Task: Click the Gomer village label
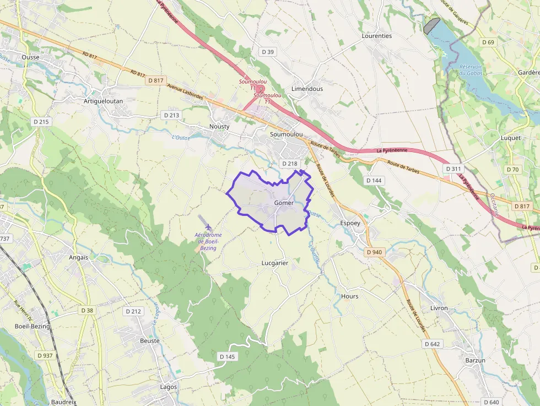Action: click(x=283, y=203)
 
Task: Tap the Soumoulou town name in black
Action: click(x=287, y=134)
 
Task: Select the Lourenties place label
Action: click(x=377, y=36)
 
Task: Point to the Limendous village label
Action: click(x=307, y=89)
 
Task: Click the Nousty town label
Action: click(x=219, y=126)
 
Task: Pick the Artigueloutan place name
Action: click(x=103, y=101)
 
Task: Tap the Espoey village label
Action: click(x=350, y=223)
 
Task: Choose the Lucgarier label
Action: click(x=274, y=263)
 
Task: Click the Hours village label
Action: click(x=350, y=296)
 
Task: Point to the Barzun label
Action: click(x=475, y=360)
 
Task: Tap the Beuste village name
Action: click(x=150, y=341)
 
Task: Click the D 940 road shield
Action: click(x=374, y=252)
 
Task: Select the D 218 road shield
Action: click(x=289, y=164)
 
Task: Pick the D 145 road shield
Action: click(x=227, y=356)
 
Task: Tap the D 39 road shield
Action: click(x=268, y=52)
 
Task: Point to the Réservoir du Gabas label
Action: click(x=471, y=70)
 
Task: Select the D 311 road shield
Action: click(x=454, y=169)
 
